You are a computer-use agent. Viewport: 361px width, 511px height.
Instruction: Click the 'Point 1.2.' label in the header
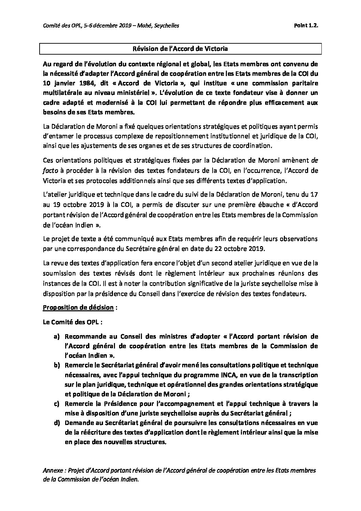tap(305, 25)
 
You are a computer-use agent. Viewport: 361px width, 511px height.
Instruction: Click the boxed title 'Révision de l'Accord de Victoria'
tap(180, 49)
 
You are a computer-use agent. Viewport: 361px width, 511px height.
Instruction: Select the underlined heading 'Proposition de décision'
tap(78, 308)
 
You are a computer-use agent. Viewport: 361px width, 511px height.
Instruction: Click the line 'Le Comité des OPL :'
tap(66, 322)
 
